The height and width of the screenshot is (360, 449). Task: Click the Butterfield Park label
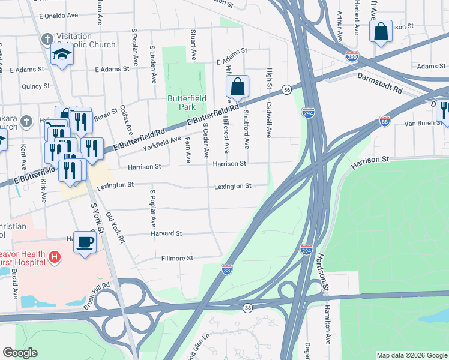187,102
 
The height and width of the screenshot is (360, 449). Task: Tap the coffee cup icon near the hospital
85,242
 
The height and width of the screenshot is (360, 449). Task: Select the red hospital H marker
55,258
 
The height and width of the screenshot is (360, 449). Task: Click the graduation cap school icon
61,55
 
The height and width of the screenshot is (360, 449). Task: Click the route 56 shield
287,89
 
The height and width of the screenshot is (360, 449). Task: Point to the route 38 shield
247,308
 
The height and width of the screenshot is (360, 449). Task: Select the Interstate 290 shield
352,58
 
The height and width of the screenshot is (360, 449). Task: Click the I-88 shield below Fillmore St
227,270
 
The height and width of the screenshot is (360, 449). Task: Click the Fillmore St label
177,259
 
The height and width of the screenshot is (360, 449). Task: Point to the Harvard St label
166,233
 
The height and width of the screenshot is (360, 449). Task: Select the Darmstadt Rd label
379,83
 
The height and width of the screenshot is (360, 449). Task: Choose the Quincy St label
35,86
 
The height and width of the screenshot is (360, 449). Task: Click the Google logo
20,353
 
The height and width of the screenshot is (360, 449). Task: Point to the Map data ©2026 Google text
411,355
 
